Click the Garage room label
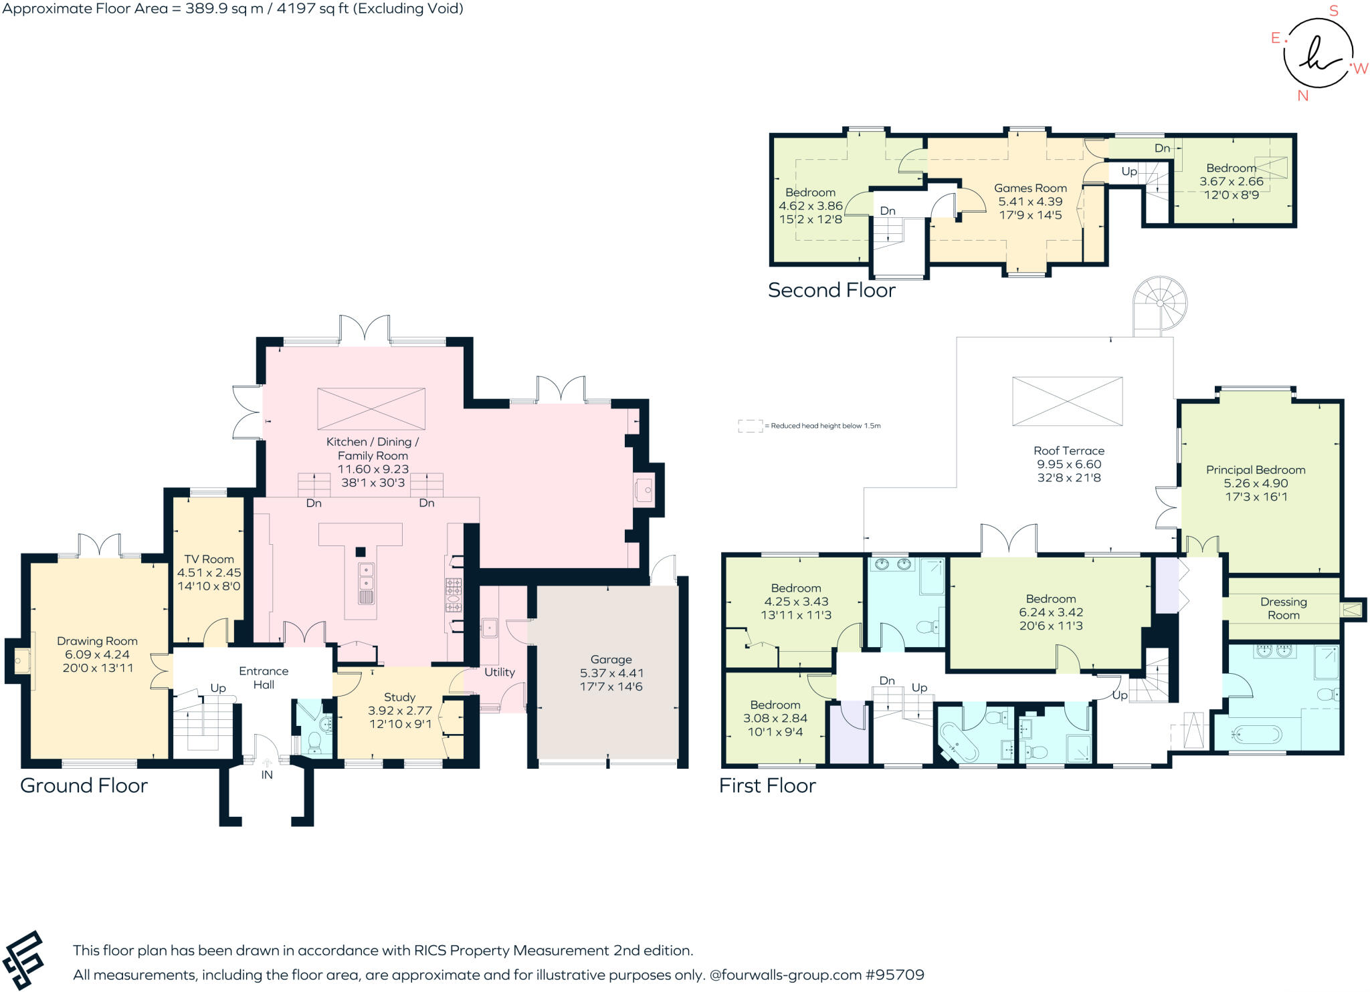(611, 659)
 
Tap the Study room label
(399, 697)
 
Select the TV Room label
(209, 559)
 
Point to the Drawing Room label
(97, 641)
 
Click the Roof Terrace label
(1069, 451)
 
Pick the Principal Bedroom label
(1256, 469)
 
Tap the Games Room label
(1030, 188)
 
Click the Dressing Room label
(1283, 608)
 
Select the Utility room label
(500, 672)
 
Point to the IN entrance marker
(267, 775)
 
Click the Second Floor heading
(831, 290)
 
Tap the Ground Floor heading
(84, 785)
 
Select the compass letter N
(1302, 96)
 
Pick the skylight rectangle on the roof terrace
(1067, 401)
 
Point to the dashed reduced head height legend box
(750, 426)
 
